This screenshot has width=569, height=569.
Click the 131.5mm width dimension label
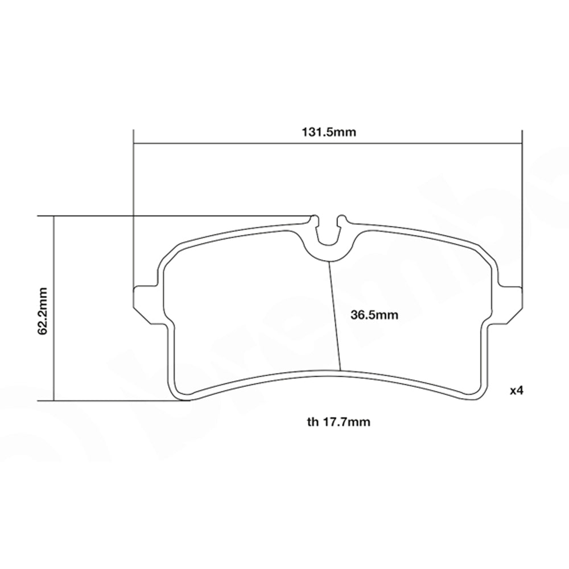pyautogui.click(x=328, y=133)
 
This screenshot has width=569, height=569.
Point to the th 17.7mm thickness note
pyautogui.click(x=339, y=422)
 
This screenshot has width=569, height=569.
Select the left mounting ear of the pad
pyautogui.click(x=145, y=302)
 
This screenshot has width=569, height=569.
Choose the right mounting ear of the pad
pyautogui.click(x=510, y=302)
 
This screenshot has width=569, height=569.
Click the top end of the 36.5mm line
pyautogui.click(x=329, y=262)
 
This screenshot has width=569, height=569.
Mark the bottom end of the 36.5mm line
pyautogui.click(x=340, y=370)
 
